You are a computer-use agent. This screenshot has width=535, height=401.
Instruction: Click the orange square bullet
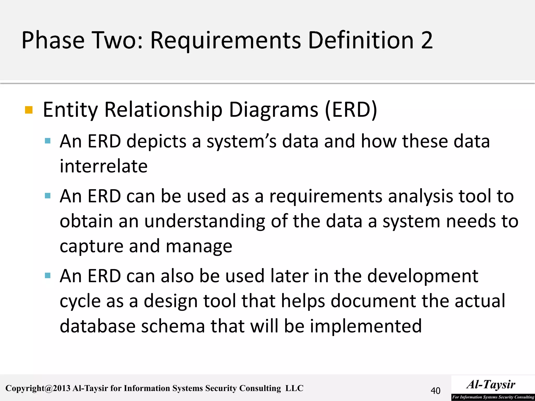coord(29,110)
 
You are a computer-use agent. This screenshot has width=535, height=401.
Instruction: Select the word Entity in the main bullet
coord(70,110)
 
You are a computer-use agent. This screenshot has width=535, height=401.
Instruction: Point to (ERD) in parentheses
coord(351,110)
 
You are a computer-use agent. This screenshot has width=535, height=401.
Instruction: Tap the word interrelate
coord(103,166)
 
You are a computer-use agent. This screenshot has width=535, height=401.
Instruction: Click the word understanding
coord(205,221)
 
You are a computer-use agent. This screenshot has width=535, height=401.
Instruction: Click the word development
coord(422,276)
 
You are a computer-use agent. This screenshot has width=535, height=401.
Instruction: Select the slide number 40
coord(435,391)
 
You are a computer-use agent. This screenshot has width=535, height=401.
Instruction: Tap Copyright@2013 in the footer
coord(38,388)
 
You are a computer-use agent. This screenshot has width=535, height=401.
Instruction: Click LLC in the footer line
coord(294,388)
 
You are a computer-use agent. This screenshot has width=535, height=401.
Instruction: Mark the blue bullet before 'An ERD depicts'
coord(48,141)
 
